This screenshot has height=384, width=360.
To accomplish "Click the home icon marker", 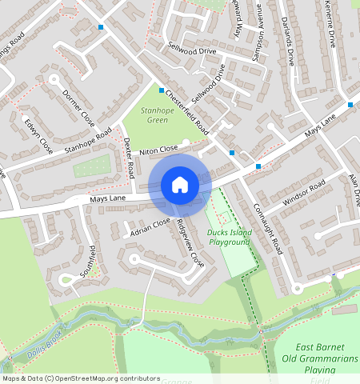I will pos(180,185).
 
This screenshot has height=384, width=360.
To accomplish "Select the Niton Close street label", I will pos(158,150).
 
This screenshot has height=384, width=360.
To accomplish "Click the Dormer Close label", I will pos(78,105).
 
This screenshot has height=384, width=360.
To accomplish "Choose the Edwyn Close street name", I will pos(38,136).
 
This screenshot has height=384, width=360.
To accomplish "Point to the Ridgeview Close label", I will pos(190,242).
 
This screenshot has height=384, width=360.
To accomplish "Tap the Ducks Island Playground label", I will pos(230,237).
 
